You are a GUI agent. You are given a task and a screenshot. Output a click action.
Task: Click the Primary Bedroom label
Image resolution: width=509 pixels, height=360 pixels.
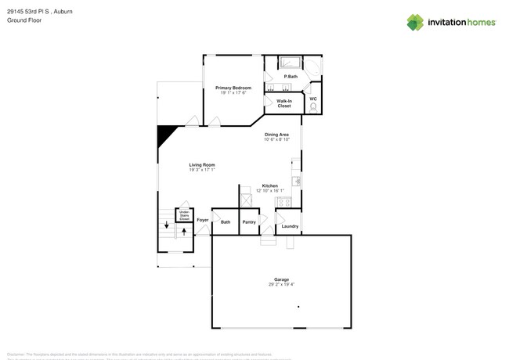coord(233,88)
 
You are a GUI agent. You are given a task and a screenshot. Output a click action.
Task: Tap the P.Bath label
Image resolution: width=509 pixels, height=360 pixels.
coord(291,77)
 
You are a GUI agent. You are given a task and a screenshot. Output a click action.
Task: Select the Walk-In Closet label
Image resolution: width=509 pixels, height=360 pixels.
coord(283,103)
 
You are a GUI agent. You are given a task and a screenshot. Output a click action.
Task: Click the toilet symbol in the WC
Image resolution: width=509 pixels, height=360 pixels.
coord(313,108)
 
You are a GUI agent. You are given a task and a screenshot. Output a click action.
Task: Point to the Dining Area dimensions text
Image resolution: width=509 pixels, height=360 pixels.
coord(276,139)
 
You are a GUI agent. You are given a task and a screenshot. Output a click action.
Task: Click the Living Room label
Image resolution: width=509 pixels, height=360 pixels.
coord(201,165)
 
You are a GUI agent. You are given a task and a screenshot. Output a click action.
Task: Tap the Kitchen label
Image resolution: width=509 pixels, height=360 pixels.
coord(269,185)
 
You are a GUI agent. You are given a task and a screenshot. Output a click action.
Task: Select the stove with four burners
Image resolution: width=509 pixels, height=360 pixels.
coord(284,202)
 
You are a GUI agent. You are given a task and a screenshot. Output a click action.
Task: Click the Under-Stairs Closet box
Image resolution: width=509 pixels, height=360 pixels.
coord(184,214)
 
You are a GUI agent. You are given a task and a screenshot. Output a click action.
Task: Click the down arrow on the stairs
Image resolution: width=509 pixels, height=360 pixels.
coord(166,225)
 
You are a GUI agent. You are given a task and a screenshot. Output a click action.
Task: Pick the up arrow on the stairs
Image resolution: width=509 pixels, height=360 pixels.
coord(184,232)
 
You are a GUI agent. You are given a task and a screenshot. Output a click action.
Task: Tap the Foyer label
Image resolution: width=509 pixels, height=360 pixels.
coord(202,221)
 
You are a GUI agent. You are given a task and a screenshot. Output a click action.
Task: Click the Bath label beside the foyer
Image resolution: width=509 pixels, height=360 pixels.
coord(226,222)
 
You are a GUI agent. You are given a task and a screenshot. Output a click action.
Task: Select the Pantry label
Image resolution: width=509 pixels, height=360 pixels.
coord(249,222)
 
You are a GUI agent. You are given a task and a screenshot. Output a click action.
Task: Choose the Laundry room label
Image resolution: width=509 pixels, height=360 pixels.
coord(290,226)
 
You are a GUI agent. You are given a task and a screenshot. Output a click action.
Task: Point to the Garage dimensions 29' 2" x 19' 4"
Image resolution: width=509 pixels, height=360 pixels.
coord(281,284)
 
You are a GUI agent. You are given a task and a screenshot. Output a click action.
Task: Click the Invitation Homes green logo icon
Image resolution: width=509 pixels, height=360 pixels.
coord(415,22)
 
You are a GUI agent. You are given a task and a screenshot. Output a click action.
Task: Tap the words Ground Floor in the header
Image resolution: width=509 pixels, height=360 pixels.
coord(24,20)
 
